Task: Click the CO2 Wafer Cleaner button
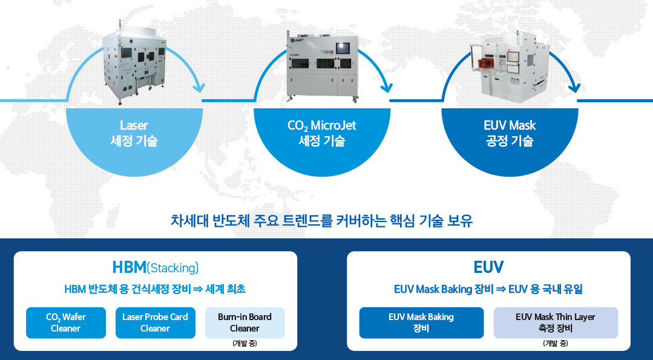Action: [66, 322]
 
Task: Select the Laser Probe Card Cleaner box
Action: [156, 322]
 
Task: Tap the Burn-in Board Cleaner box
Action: [245, 322]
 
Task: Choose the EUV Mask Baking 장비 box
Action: [421, 322]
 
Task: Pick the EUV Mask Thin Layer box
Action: [556, 322]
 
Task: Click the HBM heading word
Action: [129, 267]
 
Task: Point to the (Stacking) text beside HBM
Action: [172, 268]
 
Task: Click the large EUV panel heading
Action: [488, 267]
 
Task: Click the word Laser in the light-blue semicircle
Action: [134, 125]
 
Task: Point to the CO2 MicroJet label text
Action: [322, 126]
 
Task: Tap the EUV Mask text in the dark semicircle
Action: [510, 125]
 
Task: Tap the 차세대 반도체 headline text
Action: [322, 221]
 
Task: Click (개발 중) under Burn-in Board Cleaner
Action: [245, 344]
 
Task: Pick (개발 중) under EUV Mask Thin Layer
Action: [556, 344]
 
